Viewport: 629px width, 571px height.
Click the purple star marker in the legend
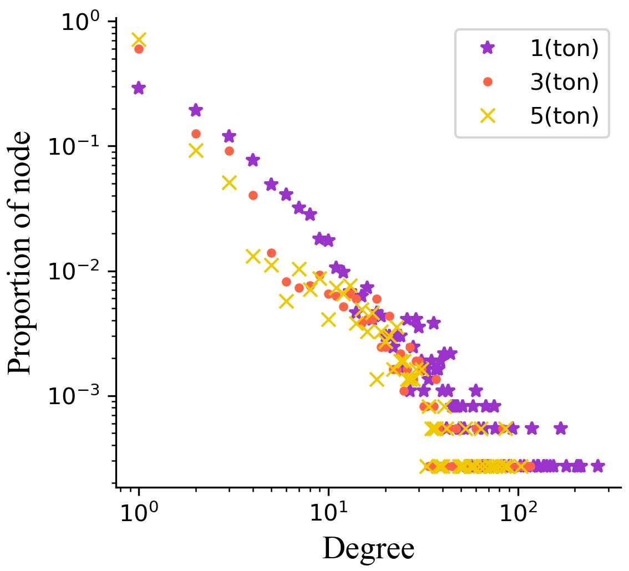tap(488, 48)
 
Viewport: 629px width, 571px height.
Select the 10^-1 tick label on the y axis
tap(78, 148)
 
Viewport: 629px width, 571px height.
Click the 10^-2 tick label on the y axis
tap(78, 273)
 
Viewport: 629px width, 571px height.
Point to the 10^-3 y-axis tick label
tap(78, 398)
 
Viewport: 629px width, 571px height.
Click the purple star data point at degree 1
tap(139, 88)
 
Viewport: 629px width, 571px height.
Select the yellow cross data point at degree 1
tap(139, 40)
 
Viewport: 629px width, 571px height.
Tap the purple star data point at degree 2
tap(195, 110)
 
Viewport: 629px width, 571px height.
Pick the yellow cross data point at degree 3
tap(229, 182)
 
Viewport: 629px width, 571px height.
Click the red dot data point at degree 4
tap(253, 195)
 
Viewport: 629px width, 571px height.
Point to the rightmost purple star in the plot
tap(597, 466)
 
